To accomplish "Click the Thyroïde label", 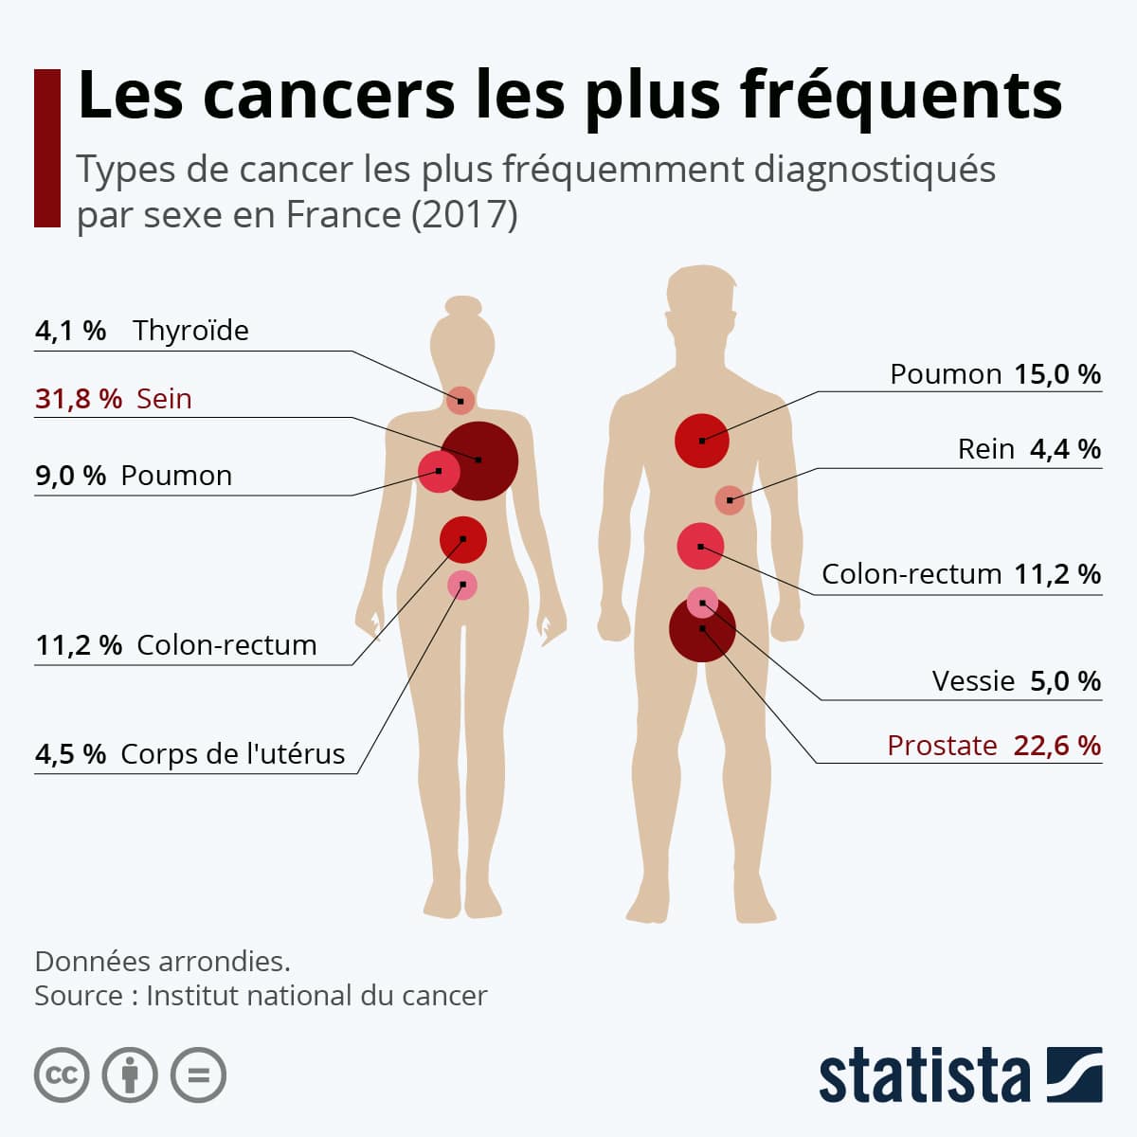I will coord(190,331).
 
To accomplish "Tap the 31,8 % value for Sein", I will coord(79,399).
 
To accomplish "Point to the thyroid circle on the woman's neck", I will coord(460,401).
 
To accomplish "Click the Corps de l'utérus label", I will coord(233,754).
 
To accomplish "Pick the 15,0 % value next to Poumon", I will coord(1057,374).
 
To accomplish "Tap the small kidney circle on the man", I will coord(730,500).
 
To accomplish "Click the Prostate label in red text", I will coord(942,746).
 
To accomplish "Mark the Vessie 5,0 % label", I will coord(1016,681).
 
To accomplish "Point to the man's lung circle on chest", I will coord(702,441).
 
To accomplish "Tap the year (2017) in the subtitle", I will coord(464,215).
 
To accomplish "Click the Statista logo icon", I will coord(1074,1074).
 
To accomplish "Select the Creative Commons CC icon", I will coord(62,1075).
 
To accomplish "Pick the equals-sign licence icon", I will coord(198,1075).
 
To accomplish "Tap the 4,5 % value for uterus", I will coord(71,754).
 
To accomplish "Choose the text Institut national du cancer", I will coord(316,996).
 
